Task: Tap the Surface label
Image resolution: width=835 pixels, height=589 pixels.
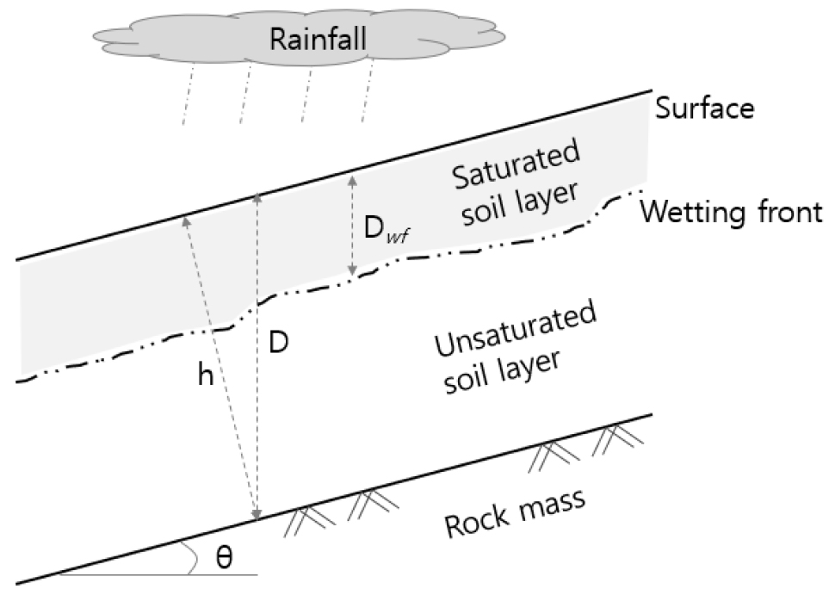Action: (704, 108)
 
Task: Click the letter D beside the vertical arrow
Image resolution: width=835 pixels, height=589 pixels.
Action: (277, 341)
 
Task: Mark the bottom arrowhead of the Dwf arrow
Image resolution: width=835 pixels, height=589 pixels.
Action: (351, 273)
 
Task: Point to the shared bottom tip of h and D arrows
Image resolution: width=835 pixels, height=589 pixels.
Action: (256, 517)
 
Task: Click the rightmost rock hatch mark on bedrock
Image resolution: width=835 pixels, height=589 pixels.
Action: (618, 441)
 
